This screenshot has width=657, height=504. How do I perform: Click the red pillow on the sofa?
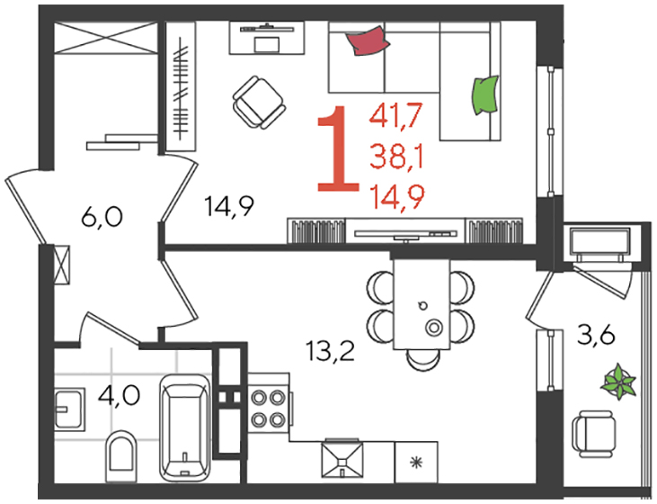(368, 40)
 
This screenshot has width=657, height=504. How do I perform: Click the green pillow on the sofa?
(485, 95)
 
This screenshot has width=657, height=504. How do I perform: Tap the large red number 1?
(339, 148)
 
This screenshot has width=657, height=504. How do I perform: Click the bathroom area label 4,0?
(119, 395)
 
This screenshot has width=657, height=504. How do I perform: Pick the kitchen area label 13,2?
(331, 351)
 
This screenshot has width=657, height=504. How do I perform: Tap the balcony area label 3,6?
(596, 336)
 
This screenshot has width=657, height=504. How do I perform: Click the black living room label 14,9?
(229, 206)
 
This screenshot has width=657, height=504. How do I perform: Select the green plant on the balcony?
(618, 382)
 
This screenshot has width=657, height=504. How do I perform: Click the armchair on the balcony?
(594, 434)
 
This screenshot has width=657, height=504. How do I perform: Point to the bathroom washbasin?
(69, 409)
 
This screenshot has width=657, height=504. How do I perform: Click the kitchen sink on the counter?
(342, 458)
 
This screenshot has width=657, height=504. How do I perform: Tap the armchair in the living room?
(259, 103)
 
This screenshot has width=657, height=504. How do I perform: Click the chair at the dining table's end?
(423, 360)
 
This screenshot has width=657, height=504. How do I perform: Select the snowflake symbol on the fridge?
(416, 463)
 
